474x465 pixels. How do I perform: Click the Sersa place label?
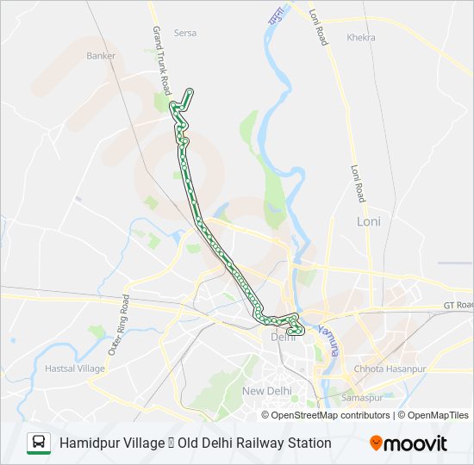[185, 34]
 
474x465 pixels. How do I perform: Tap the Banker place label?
[101, 56]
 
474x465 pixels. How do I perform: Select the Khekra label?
[361, 38]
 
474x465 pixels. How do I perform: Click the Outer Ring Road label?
[119, 325]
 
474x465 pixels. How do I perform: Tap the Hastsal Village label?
[74, 369]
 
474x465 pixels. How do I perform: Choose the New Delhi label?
[267, 391]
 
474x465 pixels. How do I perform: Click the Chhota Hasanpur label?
[385, 369]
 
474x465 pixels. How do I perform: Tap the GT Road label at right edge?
[458, 306]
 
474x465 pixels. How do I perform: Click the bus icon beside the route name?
[39, 443]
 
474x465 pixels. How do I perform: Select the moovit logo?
[409, 443]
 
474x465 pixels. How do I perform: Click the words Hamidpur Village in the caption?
[112, 443]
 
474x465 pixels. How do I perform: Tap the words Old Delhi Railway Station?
[254, 443]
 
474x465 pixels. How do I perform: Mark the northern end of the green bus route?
[190, 90]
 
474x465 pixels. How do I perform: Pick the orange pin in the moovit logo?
[377, 443]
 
